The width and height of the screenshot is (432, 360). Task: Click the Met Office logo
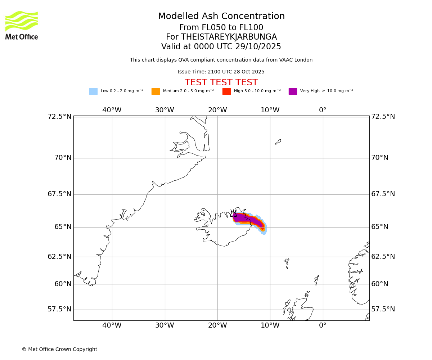pos(22,25)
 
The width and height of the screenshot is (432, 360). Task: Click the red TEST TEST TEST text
pos(221,82)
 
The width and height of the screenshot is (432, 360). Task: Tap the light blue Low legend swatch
pos(93,91)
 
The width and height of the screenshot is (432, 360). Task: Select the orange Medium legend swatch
pos(156,91)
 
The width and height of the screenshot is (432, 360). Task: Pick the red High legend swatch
pos(226,91)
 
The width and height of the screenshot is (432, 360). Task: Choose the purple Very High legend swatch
pos(293,91)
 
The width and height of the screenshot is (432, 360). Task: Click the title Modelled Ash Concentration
pos(221,17)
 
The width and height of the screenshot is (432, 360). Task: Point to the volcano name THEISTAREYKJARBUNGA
pos(229,37)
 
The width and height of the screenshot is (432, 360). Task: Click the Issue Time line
pos(221,72)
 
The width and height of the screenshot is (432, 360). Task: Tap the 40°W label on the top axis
pos(112,110)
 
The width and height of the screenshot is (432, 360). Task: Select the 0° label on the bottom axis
pos(323,325)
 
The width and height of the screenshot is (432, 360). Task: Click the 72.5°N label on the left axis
pos(59,117)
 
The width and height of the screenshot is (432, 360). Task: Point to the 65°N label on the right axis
pos(380,227)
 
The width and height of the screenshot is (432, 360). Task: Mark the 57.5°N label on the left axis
pos(59,309)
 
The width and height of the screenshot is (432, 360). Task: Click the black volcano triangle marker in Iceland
pos(233,214)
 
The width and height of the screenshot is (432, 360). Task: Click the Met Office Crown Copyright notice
pos(59,349)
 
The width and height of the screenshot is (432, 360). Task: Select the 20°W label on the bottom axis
pos(217,325)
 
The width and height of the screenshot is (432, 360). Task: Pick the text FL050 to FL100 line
pos(221,28)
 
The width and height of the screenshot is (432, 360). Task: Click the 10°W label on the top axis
pos(270,110)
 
